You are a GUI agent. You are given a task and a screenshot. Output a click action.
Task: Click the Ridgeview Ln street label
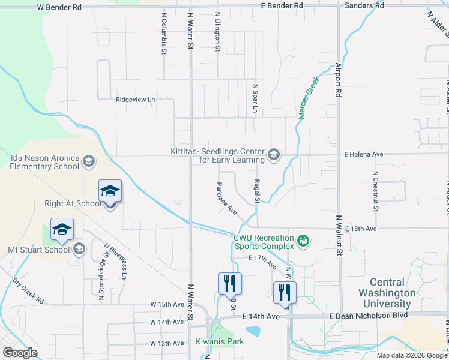(x=135, y=100)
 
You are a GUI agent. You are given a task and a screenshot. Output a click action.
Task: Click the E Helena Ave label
(x=363, y=154)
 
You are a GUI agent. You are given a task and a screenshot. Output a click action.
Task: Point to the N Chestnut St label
(x=375, y=191)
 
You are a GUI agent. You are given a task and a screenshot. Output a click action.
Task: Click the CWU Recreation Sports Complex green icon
(x=304, y=241)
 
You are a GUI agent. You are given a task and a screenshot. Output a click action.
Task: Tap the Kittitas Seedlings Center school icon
(x=274, y=155)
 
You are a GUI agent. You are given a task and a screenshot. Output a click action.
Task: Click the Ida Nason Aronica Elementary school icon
(x=88, y=161)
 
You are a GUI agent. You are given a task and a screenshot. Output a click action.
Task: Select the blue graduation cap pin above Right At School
(x=110, y=191)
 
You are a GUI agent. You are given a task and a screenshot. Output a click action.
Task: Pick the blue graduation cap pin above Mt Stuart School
(x=62, y=229)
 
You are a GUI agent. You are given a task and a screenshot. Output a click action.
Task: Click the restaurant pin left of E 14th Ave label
(x=230, y=283)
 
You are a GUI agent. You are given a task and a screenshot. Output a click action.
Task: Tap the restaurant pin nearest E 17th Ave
(x=285, y=292)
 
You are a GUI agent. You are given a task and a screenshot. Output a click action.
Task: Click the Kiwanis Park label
(x=220, y=341)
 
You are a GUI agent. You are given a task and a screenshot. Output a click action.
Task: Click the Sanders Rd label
(x=364, y=5)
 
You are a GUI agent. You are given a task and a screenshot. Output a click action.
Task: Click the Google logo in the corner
(x=20, y=353)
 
